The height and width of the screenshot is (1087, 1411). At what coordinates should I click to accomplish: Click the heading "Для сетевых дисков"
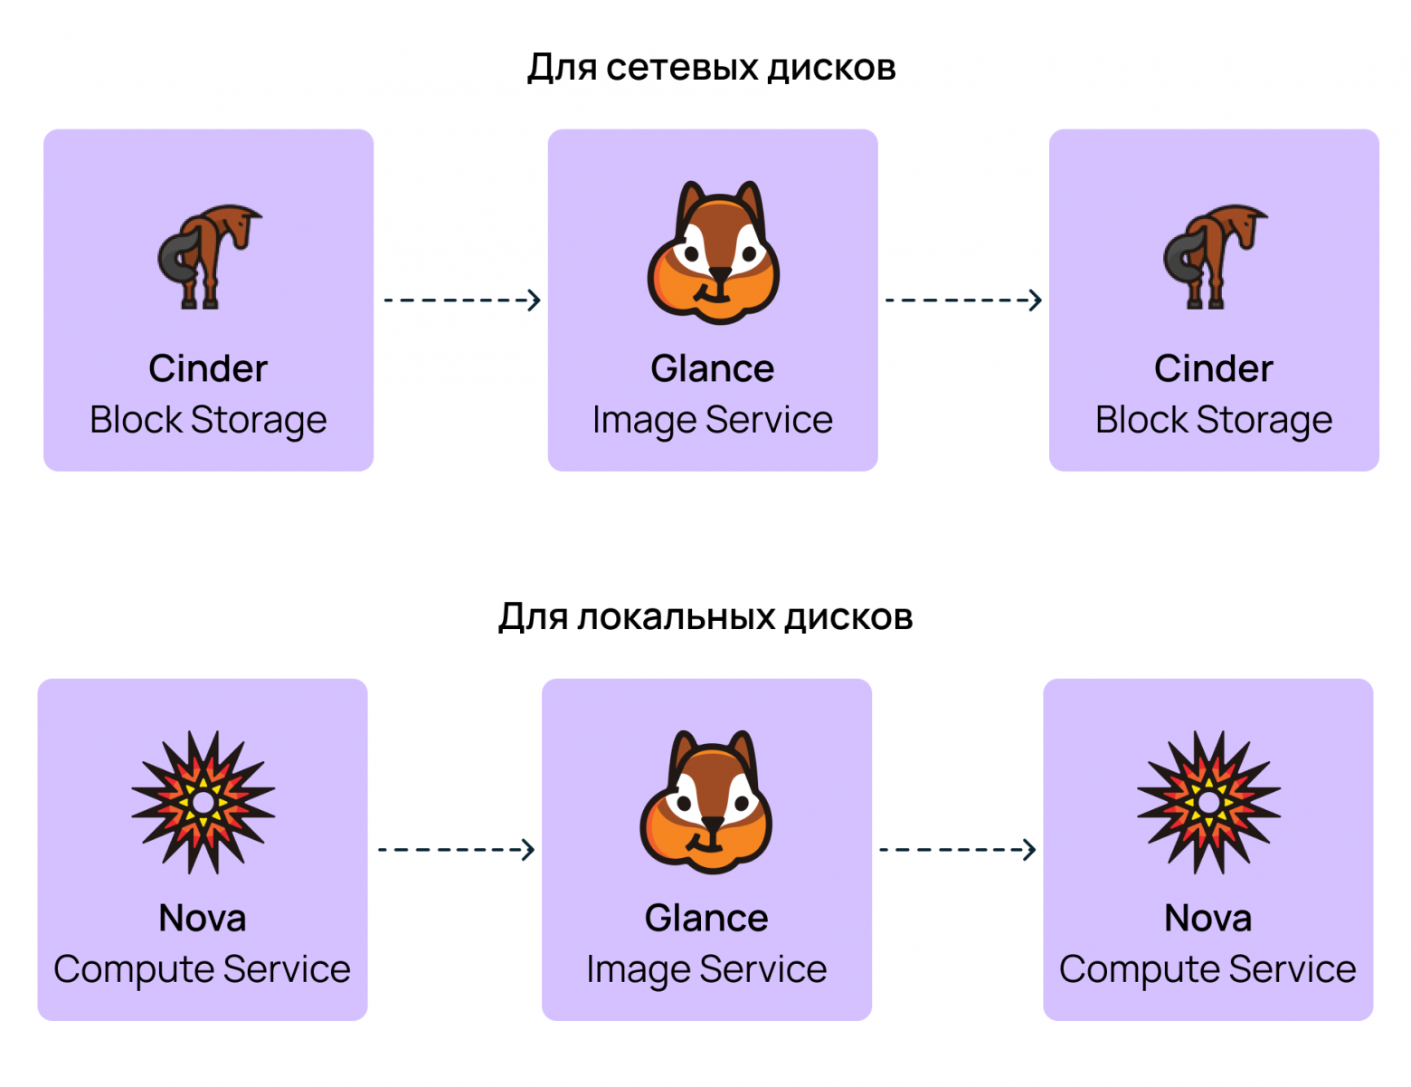[711, 68]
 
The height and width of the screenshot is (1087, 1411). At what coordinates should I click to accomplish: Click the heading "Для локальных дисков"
[705, 616]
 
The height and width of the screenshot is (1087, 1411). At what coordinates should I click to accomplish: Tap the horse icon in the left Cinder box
[210, 257]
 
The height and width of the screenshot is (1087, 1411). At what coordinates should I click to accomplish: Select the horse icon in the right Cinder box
[1215, 257]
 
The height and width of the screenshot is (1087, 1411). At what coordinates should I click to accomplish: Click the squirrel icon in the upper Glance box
[713, 253]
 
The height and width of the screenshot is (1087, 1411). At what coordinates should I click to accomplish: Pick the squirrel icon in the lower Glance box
[705, 801]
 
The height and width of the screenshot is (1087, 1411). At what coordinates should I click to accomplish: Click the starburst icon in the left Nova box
[204, 802]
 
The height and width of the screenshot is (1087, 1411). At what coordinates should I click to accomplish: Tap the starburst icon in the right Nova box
[1208, 802]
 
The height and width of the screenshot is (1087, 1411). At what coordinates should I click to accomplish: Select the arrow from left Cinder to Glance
[461, 300]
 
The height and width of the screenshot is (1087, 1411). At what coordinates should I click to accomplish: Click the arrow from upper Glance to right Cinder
[963, 300]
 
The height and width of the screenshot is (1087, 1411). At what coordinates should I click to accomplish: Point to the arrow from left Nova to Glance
[456, 849]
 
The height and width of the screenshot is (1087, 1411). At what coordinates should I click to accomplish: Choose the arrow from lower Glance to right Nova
[957, 849]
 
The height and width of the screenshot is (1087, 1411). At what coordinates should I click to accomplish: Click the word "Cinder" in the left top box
[208, 368]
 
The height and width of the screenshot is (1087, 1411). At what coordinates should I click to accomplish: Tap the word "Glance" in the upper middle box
[713, 368]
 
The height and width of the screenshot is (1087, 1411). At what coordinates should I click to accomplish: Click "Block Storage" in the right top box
[1214, 420]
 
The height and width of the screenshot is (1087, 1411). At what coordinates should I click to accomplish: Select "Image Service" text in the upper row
[713, 420]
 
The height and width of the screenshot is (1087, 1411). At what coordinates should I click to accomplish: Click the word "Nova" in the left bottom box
[203, 918]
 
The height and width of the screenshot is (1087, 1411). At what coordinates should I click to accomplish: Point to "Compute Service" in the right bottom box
[1207, 969]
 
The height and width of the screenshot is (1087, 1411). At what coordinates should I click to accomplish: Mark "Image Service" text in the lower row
[706, 969]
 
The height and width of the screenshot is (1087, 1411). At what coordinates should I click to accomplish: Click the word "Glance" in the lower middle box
[706, 918]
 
